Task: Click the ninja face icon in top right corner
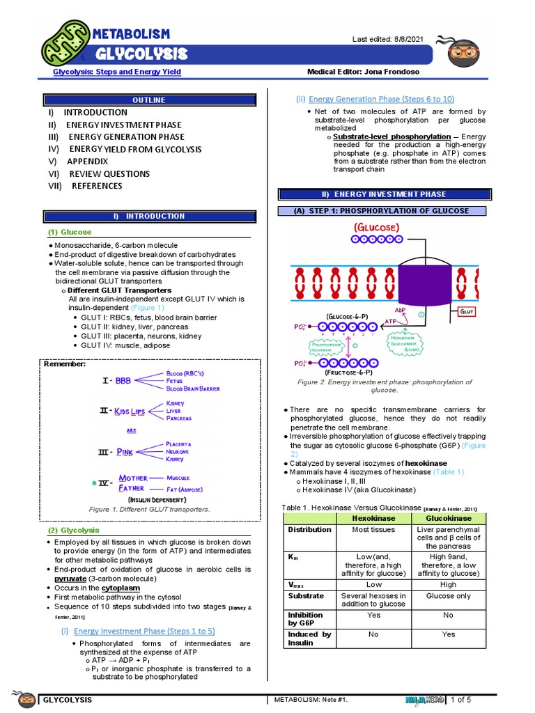[x=463, y=52]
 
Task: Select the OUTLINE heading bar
[x=149, y=100]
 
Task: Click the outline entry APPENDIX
[x=87, y=162]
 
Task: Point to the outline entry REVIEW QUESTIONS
[x=109, y=174]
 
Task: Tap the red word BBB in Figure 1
[x=123, y=381]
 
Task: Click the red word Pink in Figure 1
[x=125, y=452]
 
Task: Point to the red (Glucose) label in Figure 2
[x=378, y=228]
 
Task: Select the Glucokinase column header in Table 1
[x=449, y=519]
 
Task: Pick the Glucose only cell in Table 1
[x=449, y=596]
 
